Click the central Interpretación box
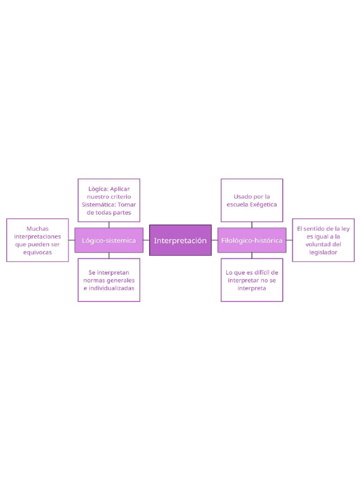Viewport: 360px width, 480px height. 180,240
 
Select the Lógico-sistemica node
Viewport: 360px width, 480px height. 109,240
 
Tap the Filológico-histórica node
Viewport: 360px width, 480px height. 252,240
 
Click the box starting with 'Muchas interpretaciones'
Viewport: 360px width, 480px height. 37,240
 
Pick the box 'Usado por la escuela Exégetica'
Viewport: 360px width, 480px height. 252,200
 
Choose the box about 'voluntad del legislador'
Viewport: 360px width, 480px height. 323,240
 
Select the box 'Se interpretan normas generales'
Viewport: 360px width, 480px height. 109,280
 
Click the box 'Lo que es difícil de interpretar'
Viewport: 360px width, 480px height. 252,280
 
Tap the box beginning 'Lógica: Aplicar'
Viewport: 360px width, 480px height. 109,200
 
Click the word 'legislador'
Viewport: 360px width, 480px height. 323,252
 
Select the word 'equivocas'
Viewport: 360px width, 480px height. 37,252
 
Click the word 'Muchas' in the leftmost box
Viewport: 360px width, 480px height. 37,228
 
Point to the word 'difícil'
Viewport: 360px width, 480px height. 261,272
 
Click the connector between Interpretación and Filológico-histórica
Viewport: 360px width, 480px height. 215,240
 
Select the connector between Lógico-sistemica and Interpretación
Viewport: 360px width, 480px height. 146,240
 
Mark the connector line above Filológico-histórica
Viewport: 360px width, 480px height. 252,225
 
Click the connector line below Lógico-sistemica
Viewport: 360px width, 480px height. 109,255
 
